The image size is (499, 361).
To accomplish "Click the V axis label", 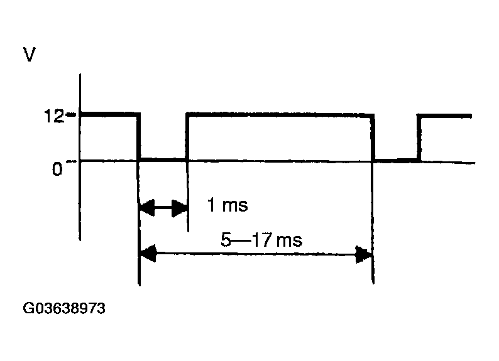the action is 30,55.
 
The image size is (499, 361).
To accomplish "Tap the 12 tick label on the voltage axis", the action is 54,116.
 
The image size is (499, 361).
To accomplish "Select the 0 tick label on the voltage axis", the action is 57,169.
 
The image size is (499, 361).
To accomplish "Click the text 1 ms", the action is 228,205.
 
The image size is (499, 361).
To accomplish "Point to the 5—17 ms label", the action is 261,240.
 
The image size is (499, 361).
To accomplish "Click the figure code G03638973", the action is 64,308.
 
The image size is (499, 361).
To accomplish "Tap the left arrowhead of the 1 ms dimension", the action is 147,208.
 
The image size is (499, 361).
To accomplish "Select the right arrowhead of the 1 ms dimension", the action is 179,208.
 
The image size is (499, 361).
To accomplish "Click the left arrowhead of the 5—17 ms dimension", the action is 148,253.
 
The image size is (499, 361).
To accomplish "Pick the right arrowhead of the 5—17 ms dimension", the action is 364,254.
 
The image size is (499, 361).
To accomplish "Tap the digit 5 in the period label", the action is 226,240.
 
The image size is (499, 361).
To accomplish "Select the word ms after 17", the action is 289,240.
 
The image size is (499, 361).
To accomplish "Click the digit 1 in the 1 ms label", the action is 211,204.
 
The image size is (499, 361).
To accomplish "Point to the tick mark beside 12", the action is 71,114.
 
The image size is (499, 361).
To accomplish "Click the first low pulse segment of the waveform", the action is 163,159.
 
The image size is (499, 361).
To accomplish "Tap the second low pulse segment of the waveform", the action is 396,160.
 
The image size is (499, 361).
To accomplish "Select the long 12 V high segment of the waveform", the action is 280,114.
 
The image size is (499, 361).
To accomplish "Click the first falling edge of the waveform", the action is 138,136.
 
